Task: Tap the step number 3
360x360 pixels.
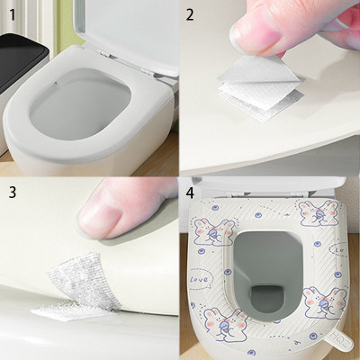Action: [x=11, y=193]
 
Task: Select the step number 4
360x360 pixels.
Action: [x=190, y=193]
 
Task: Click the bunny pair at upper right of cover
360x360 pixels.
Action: [x=320, y=214]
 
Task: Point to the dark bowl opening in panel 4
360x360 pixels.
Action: [x=266, y=270]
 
